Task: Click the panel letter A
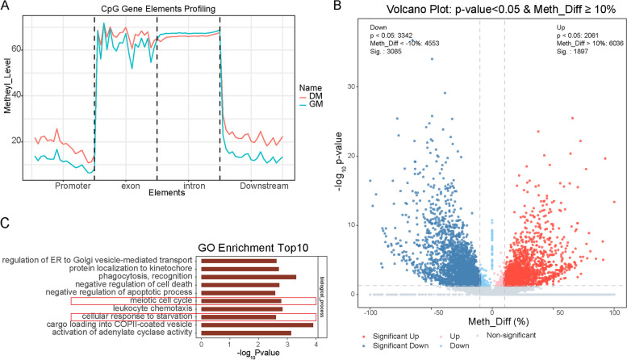6,6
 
